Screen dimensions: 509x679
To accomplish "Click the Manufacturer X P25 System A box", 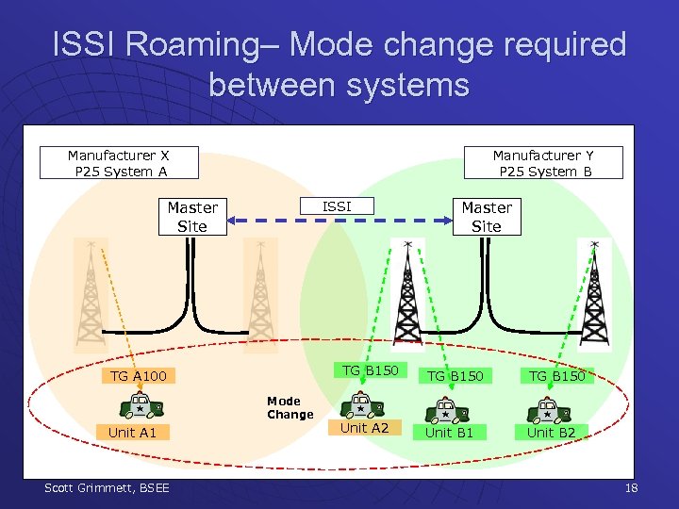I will (119, 162).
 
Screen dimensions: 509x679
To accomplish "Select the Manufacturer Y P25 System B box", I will (543, 162).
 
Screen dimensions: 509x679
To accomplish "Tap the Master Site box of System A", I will (192, 217).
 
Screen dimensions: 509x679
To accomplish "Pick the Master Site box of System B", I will (487, 217).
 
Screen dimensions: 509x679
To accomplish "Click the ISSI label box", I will (337, 205).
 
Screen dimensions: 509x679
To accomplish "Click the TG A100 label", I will (139, 376).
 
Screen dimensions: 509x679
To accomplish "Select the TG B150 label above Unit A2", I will (370, 370).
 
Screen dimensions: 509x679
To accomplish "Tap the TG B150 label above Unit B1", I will (455, 376).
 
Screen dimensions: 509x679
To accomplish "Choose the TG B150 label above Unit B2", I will (556, 376).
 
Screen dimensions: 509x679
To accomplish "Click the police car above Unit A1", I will (141, 407).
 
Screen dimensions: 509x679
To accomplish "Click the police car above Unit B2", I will (546, 411).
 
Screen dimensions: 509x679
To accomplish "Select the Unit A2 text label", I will (364, 428).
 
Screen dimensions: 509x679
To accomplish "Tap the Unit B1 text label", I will (449, 433).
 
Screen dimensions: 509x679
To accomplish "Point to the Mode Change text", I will (290, 407).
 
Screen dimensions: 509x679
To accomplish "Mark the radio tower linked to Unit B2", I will (594, 292).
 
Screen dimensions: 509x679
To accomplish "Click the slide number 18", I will (631, 487).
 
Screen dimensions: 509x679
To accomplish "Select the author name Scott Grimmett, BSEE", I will (107, 487).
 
